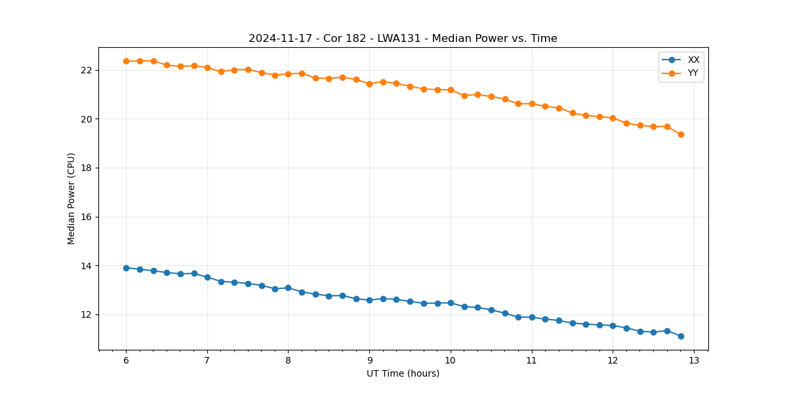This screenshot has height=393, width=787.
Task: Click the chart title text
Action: [403, 39]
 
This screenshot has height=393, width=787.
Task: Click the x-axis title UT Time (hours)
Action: [403, 373]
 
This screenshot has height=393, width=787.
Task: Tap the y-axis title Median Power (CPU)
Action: [71, 198]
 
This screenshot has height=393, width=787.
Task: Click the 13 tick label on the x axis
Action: [694, 361]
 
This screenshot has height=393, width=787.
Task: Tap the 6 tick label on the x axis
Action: [126, 361]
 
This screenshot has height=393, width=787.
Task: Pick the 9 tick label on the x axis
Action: [369, 361]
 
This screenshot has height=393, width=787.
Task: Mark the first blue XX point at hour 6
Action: [126, 268]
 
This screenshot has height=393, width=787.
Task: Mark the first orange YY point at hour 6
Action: [126, 61]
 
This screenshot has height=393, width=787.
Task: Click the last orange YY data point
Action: [681, 134]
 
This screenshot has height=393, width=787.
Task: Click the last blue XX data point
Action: [681, 336]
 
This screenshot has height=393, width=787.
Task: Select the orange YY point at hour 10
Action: [451, 90]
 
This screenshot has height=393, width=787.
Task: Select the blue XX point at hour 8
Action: [288, 288]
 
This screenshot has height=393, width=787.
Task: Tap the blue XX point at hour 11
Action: [532, 317]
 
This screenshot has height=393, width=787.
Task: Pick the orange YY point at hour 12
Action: [613, 118]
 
